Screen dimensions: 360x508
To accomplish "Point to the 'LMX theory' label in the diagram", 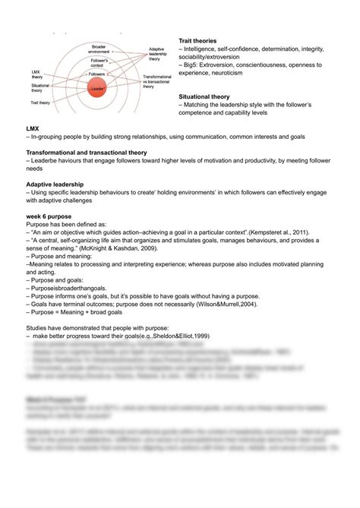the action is (x=36, y=74).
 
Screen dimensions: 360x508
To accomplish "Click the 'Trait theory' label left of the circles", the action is (x=40, y=100).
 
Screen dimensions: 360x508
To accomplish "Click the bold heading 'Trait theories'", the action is (x=197, y=40).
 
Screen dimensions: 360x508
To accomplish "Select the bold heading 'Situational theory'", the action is (x=204, y=97).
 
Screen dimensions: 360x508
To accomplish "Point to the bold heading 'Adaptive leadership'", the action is (x=55, y=185).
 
